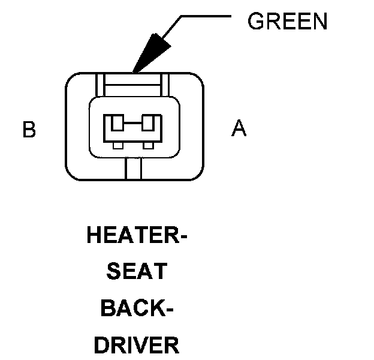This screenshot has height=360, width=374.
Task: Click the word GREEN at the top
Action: click(x=288, y=22)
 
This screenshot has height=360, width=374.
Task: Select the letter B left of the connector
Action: click(x=29, y=130)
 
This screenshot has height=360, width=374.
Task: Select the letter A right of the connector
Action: click(x=239, y=128)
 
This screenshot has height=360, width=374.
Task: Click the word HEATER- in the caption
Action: click(x=137, y=235)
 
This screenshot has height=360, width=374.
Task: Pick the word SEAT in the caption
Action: click(x=136, y=271)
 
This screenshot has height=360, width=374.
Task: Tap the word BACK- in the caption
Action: click(x=137, y=308)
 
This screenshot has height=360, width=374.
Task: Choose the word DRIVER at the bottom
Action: click(x=137, y=346)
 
